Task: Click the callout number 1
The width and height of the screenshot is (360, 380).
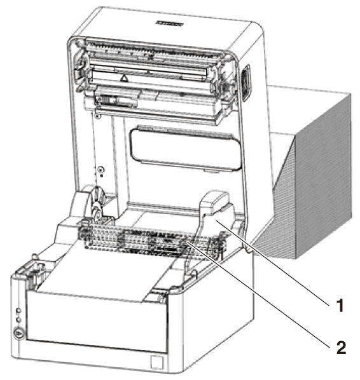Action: click(x=340, y=306)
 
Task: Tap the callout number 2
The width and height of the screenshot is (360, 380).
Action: click(x=341, y=348)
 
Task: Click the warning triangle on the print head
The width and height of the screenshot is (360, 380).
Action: click(x=124, y=78)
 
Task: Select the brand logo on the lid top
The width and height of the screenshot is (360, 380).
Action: click(x=169, y=24)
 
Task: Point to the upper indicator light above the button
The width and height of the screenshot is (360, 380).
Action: click(x=18, y=311)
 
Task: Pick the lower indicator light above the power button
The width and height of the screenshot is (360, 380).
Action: click(x=18, y=320)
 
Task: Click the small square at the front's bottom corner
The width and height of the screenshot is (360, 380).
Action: click(x=156, y=362)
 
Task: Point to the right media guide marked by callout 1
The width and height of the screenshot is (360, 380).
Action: click(x=214, y=218)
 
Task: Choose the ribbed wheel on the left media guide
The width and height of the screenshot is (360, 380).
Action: click(x=97, y=202)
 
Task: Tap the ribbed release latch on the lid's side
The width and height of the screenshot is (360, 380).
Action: click(x=246, y=83)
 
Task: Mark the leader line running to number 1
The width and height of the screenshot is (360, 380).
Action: click(x=272, y=262)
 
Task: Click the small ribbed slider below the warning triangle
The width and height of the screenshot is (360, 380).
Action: click(x=106, y=100)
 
